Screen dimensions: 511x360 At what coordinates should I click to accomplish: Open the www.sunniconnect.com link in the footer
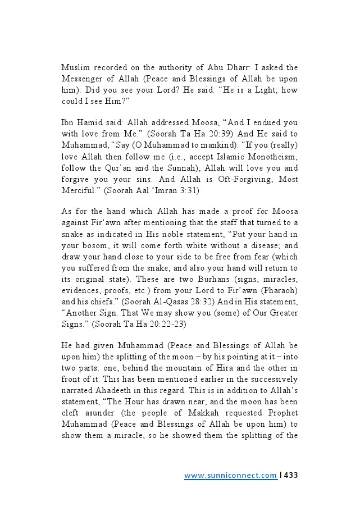coord(230,476)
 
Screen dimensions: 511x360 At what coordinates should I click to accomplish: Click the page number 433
coord(290,476)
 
